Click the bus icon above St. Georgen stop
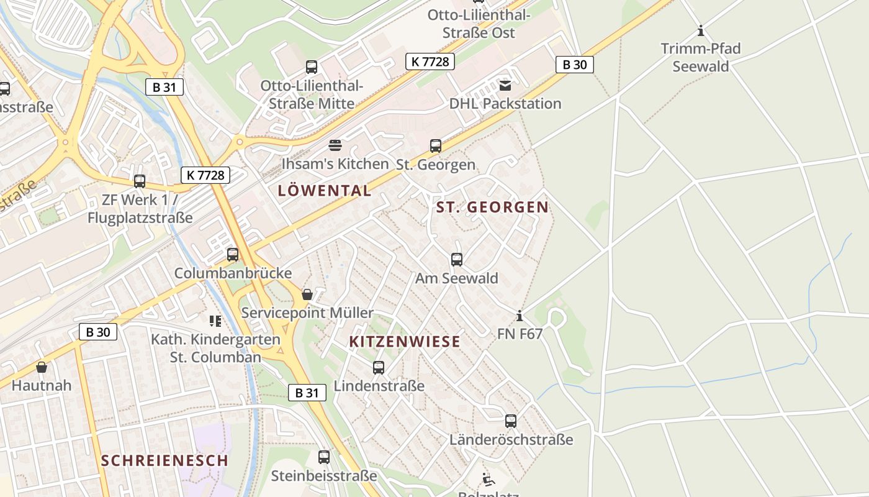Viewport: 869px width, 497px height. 436,146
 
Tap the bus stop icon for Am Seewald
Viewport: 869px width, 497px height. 457,259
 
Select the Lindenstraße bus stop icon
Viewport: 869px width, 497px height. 379,367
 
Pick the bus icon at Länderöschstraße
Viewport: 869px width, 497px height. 511,421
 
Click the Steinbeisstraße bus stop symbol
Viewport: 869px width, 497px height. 324,457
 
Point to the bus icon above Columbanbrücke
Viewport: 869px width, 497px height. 233,254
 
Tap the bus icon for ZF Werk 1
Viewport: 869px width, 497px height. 140,181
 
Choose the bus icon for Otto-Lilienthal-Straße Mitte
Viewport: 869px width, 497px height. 312,67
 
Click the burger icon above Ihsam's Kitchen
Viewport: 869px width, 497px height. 335,146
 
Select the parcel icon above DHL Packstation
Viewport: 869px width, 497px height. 505,85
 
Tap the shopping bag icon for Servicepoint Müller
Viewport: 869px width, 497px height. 307,294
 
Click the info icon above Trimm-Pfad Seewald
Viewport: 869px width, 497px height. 701,30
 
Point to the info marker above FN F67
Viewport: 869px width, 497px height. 520,316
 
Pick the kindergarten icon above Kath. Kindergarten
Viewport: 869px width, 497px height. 215,321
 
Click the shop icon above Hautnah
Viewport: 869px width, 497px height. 42,367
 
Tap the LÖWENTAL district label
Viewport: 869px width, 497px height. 325,191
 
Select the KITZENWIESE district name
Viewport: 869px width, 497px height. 405,341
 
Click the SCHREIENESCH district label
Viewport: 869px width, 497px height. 164,460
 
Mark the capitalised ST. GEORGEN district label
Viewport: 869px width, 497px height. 492,207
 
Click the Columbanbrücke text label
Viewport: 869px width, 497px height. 233,273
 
